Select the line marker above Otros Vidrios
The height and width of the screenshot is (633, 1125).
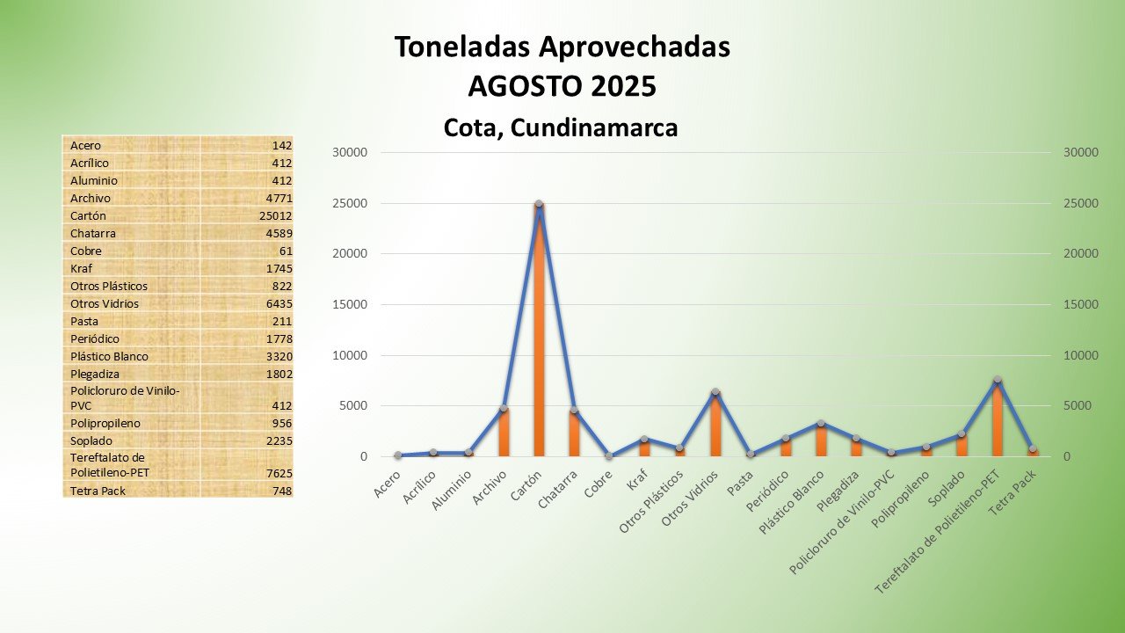pyautogui.click(x=715, y=392)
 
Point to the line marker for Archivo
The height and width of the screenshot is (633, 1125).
pyautogui.click(x=504, y=409)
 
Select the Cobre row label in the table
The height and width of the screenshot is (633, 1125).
pyautogui.click(x=85, y=251)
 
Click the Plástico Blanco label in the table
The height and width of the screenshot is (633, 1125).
pyautogui.click(x=109, y=356)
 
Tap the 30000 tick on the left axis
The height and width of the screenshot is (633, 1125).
pyautogui.click(x=350, y=152)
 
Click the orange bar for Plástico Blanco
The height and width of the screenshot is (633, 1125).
pyautogui.click(x=821, y=440)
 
